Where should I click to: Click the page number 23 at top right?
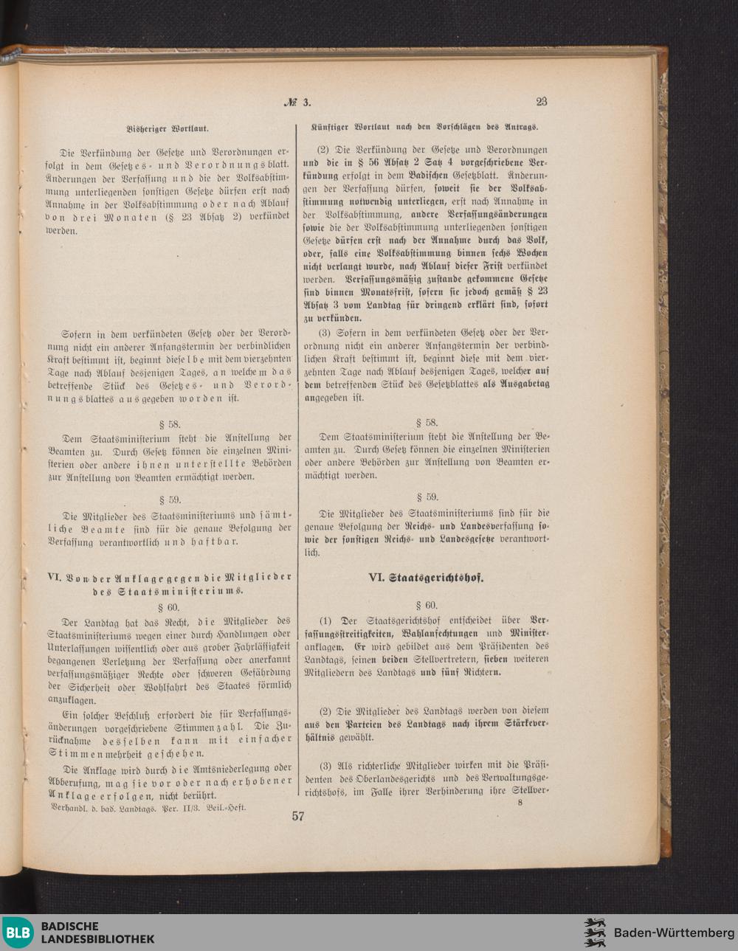[541, 102]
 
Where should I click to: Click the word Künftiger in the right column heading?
[330, 125]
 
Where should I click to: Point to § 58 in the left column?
[169, 424]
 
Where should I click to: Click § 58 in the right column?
[426, 423]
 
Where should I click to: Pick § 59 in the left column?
[169, 499]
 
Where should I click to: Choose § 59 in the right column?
[426, 497]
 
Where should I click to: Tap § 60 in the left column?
[169, 606]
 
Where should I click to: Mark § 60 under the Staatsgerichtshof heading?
[426, 605]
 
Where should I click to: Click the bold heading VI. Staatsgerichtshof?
[426, 578]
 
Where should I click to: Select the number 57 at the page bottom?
[298, 816]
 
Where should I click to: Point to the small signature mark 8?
[520, 803]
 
